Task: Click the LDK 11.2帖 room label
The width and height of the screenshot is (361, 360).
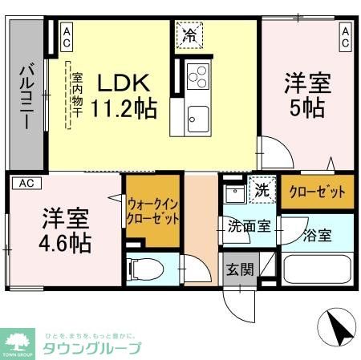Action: [x=126, y=94]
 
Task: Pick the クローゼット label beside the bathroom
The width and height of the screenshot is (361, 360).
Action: [x=317, y=192]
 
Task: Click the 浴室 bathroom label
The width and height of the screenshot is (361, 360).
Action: [x=318, y=236]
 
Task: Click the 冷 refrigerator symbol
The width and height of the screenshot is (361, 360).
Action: [x=189, y=34]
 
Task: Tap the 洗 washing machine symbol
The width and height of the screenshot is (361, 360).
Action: [x=260, y=191]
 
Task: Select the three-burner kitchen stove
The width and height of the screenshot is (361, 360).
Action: [x=197, y=77]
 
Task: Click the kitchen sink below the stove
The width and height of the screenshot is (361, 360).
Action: [x=197, y=119]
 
